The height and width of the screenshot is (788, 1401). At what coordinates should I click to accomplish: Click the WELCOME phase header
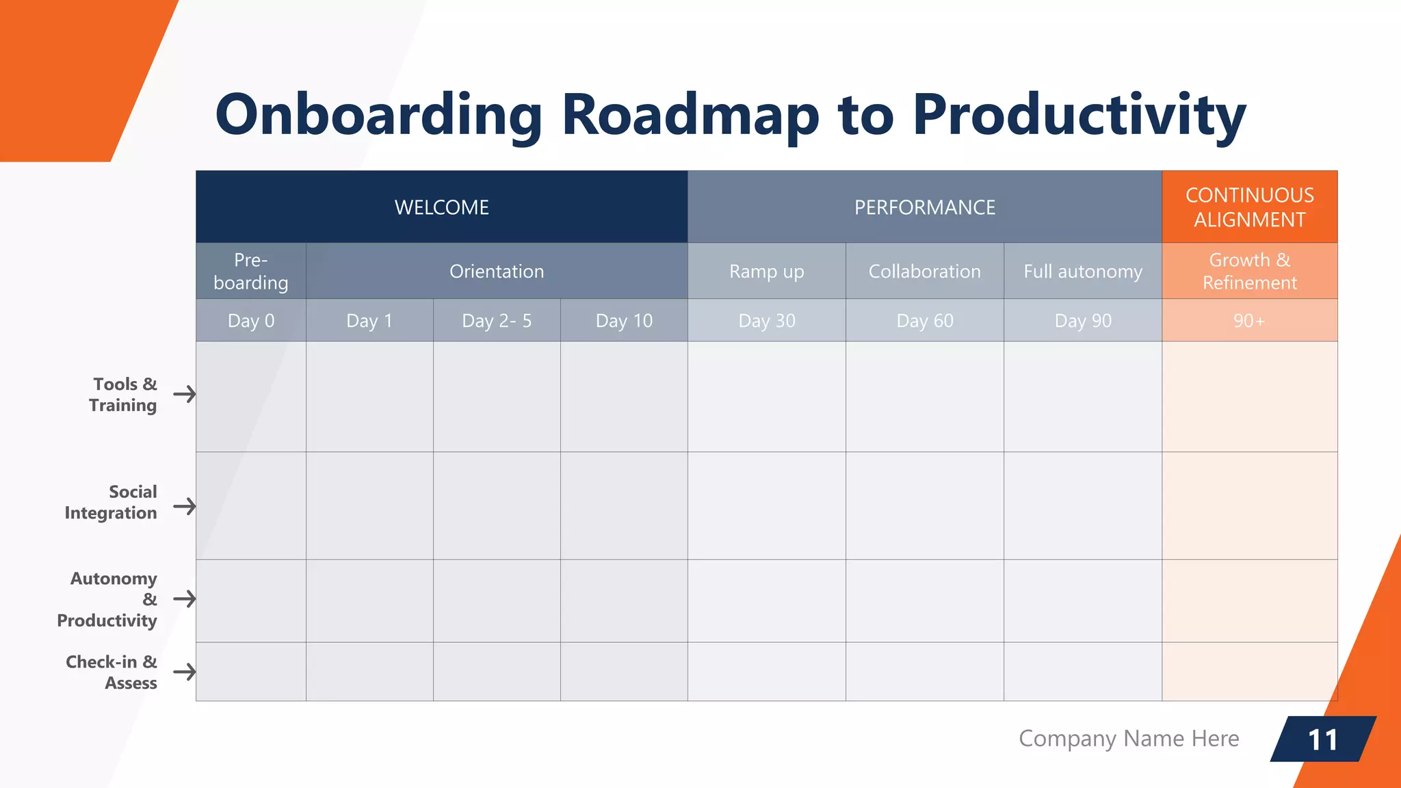click(441, 207)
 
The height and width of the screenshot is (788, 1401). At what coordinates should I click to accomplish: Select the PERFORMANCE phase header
click(924, 207)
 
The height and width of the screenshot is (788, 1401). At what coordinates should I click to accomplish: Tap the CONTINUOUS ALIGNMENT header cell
click(1249, 207)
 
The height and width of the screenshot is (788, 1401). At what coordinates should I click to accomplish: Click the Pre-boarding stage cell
click(250, 272)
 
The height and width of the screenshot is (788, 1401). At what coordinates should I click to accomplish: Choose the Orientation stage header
click(497, 272)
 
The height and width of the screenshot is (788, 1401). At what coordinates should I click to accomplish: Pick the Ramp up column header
click(766, 272)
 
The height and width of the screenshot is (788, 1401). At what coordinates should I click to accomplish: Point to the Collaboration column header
click(924, 272)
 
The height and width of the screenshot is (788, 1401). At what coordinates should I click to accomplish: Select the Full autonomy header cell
click(1082, 272)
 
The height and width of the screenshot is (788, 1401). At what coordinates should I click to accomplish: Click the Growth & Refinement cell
click(1249, 272)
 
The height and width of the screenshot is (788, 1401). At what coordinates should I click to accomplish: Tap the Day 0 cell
click(250, 321)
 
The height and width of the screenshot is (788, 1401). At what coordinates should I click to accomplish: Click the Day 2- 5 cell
click(497, 321)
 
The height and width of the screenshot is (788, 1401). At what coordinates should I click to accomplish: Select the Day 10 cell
click(624, 321)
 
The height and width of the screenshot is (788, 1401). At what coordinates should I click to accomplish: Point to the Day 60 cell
click(924, 321)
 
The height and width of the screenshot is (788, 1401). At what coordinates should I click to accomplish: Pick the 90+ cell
click(1249, 321)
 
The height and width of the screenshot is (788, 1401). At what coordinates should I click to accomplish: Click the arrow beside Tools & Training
click(184, 394)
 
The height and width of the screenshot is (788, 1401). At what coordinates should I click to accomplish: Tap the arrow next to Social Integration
click(184, 506)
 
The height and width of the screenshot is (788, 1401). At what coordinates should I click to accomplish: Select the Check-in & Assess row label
click(112, 672)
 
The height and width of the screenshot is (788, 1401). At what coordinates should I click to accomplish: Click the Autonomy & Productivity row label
click(108, 599)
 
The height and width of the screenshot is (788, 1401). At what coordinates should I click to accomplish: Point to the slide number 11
click(1322, 739)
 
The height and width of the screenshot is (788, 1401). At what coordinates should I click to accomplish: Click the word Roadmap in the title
click(690, 114)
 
